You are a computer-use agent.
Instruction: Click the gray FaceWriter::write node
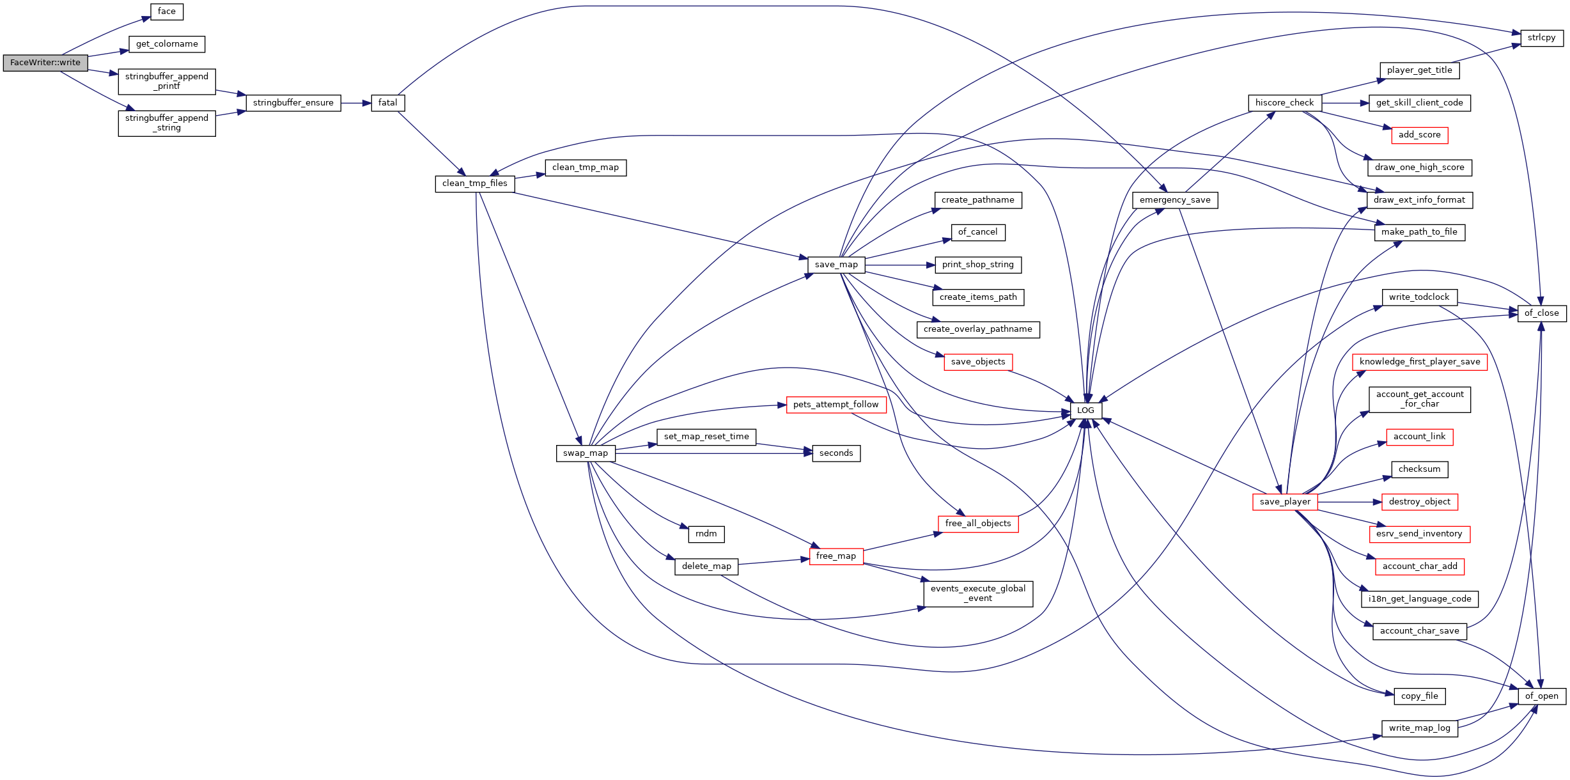coord(45,63)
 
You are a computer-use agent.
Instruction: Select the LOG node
coord(1085,410)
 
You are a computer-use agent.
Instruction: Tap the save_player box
coord(1285,502)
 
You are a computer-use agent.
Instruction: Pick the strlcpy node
coord(1541,38)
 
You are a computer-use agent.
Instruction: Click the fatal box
coord(388,103)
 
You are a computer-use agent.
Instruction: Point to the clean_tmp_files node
coord(475,183)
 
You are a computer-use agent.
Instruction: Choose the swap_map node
coord(586,453)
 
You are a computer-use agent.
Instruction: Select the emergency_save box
coord(1175,200)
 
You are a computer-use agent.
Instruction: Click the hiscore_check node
coord(1284,103)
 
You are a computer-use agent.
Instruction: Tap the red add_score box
coord(1419,135)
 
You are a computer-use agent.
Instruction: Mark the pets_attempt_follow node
coord(836,405)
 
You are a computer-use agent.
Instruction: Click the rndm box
coord(706,534)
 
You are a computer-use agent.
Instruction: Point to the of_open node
coord(1542,696)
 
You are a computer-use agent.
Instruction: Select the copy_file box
coord(1419,696)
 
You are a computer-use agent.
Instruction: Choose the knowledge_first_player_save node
coord(1420,362)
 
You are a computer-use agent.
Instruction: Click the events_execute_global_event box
coord(978,594)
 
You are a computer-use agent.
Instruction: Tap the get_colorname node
coord(167,44)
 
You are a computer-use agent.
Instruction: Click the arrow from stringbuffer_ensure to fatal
coord(356,103)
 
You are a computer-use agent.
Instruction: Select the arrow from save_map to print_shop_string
coord(900,265)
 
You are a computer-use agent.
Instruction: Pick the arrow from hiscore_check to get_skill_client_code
coord(1345,103)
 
